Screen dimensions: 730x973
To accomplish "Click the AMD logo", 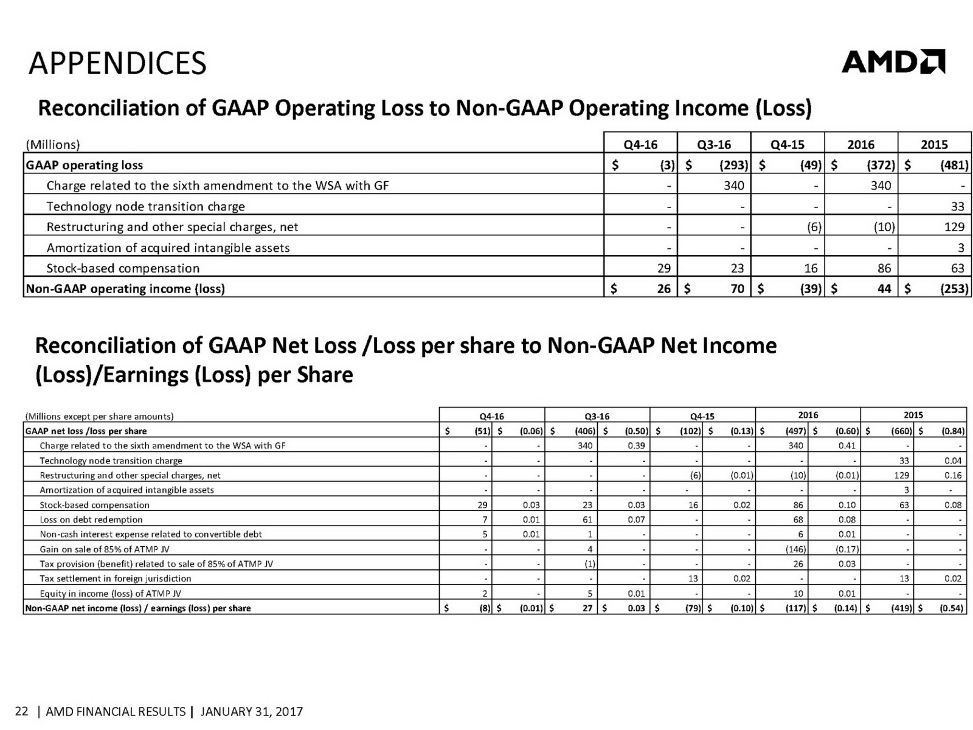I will coord(893,61).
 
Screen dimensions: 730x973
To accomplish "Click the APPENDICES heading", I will coord(117,63).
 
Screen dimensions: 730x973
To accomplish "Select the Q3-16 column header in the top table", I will coord(714,144).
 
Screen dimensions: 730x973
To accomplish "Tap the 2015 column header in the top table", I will coord(934,144).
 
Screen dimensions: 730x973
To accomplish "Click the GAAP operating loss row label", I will coord(85,165).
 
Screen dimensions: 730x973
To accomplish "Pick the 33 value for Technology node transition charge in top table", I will coord(957,206).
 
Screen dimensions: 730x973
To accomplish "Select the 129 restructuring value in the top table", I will coord(954,227).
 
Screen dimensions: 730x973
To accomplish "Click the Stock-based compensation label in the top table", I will coord(123,268).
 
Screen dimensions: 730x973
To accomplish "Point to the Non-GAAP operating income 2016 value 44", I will coord(884,288).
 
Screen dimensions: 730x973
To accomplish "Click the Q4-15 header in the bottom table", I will coord(702,416).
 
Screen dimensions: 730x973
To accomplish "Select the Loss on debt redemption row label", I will coord(91,520).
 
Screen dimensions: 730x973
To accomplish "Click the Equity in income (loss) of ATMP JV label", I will coord(110,593).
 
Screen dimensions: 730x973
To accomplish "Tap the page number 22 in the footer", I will coord(21,711).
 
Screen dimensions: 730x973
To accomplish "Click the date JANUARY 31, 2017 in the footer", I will coord(251,711).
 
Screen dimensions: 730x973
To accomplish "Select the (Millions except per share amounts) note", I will coord(100,416).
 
